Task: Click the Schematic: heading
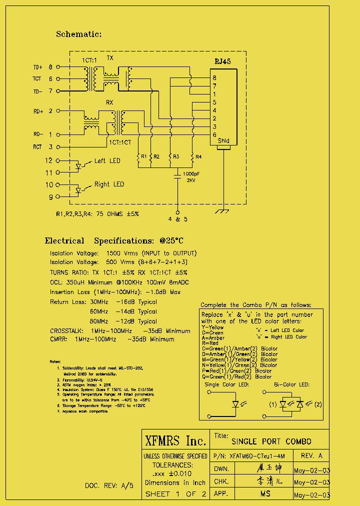[78, 34]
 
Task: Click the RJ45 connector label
[222, 61]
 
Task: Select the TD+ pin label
[38, 66]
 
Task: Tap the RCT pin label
[38, 147]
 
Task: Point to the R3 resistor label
[176, 156]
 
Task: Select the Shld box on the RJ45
[223, 141]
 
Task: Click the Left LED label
[107, 161]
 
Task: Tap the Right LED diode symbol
[78, 190]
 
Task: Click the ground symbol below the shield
[223, 212]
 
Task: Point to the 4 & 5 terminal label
[178, 219]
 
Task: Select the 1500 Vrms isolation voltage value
[120, 253]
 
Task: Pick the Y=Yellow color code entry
[212, 327]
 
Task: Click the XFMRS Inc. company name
[175, 441]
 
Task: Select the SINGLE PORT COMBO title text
[271, 441]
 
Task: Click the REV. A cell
[311, 456]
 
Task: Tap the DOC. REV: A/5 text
[109, 485]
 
